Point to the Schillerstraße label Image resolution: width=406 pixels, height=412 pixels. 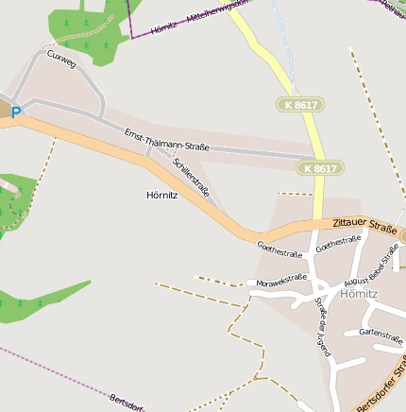[x=192, y=177]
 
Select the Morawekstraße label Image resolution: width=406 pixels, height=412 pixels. [x=279, y=280]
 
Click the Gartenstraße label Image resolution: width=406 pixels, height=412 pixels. [x=381, y=334]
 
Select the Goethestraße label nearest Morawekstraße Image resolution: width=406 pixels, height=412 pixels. [x=279, y=249]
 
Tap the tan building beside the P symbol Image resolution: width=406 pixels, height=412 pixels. [x=5, y=110]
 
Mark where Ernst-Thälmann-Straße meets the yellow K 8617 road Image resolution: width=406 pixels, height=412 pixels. [x=315, y=157]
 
